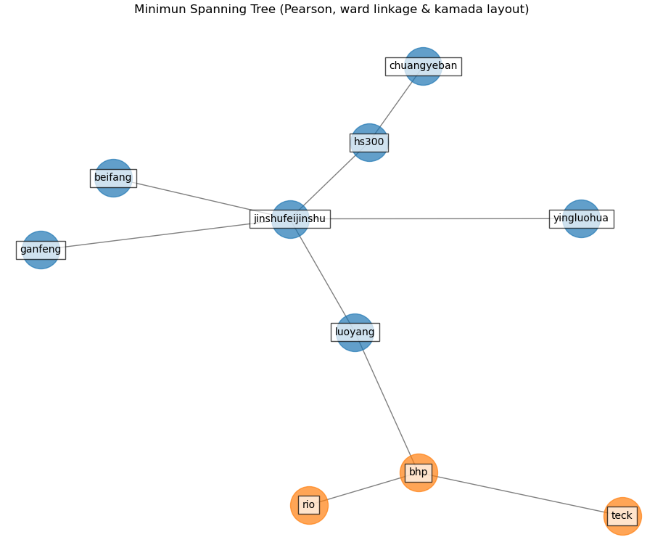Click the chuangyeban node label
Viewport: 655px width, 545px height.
coord(423,67)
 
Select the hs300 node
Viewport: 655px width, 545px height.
coord(369,142)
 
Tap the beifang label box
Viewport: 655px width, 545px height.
coord(113,178)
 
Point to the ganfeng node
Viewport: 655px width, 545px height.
coord(41,250)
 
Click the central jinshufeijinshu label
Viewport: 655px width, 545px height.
coord(289,219)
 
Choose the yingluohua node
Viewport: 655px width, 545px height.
coord(581,218)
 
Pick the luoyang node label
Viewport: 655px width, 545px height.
coord(355,332)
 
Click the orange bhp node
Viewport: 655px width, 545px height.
coord(419,472)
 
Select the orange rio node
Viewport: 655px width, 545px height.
coord(309,505)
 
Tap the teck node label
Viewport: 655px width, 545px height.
coord(622,516)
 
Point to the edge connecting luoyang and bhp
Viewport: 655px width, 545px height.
coord(387,403)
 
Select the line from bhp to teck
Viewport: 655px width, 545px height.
coord(520,494)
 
